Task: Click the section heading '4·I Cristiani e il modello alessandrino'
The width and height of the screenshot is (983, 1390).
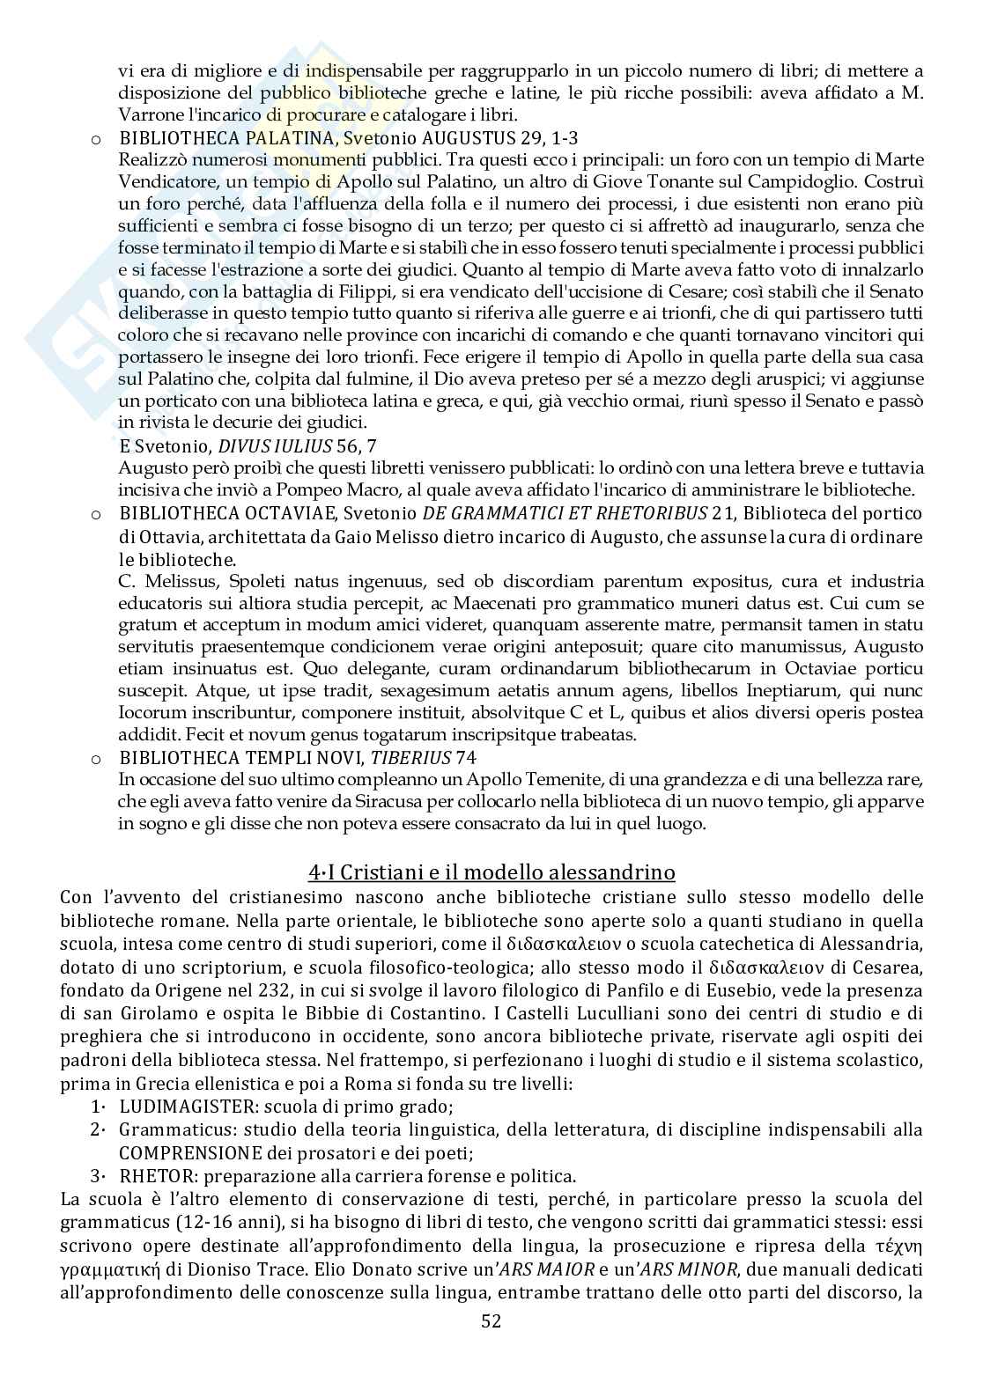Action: click(491, 872)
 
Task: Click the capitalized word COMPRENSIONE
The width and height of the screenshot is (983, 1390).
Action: click(191, 1152)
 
